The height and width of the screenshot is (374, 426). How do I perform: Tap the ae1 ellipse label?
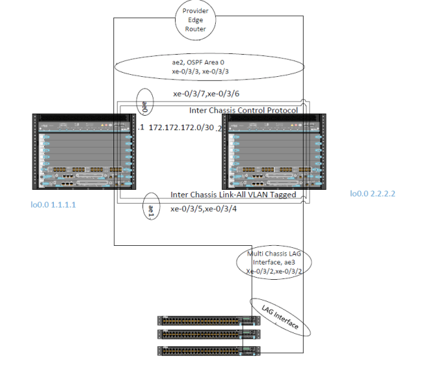tap(151, 209)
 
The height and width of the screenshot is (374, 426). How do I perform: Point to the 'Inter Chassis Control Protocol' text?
tap(243, 111)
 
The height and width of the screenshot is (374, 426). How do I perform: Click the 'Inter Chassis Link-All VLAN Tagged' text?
tap(233, 195)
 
